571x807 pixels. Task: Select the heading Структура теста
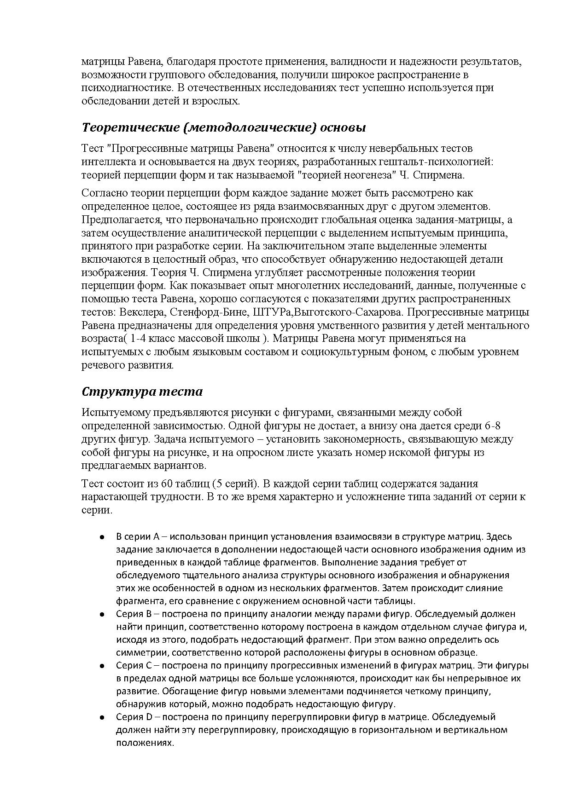coord(142,392)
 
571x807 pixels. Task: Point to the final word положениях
coord(145,743)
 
